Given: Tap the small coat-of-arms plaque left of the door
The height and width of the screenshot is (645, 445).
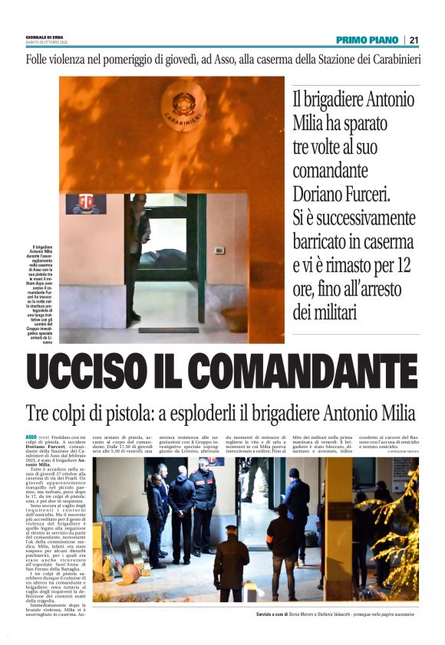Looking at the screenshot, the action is [85, 204].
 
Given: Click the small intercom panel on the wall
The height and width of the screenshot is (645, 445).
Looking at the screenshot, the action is [220, 250].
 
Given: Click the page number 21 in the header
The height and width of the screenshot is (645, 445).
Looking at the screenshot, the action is [414, 40].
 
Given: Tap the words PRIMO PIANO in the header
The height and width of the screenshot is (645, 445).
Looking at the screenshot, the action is [367, 40].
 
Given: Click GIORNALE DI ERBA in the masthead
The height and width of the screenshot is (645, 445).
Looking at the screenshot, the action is [44, 37].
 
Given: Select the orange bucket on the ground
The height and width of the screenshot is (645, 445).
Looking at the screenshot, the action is [130, 572].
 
